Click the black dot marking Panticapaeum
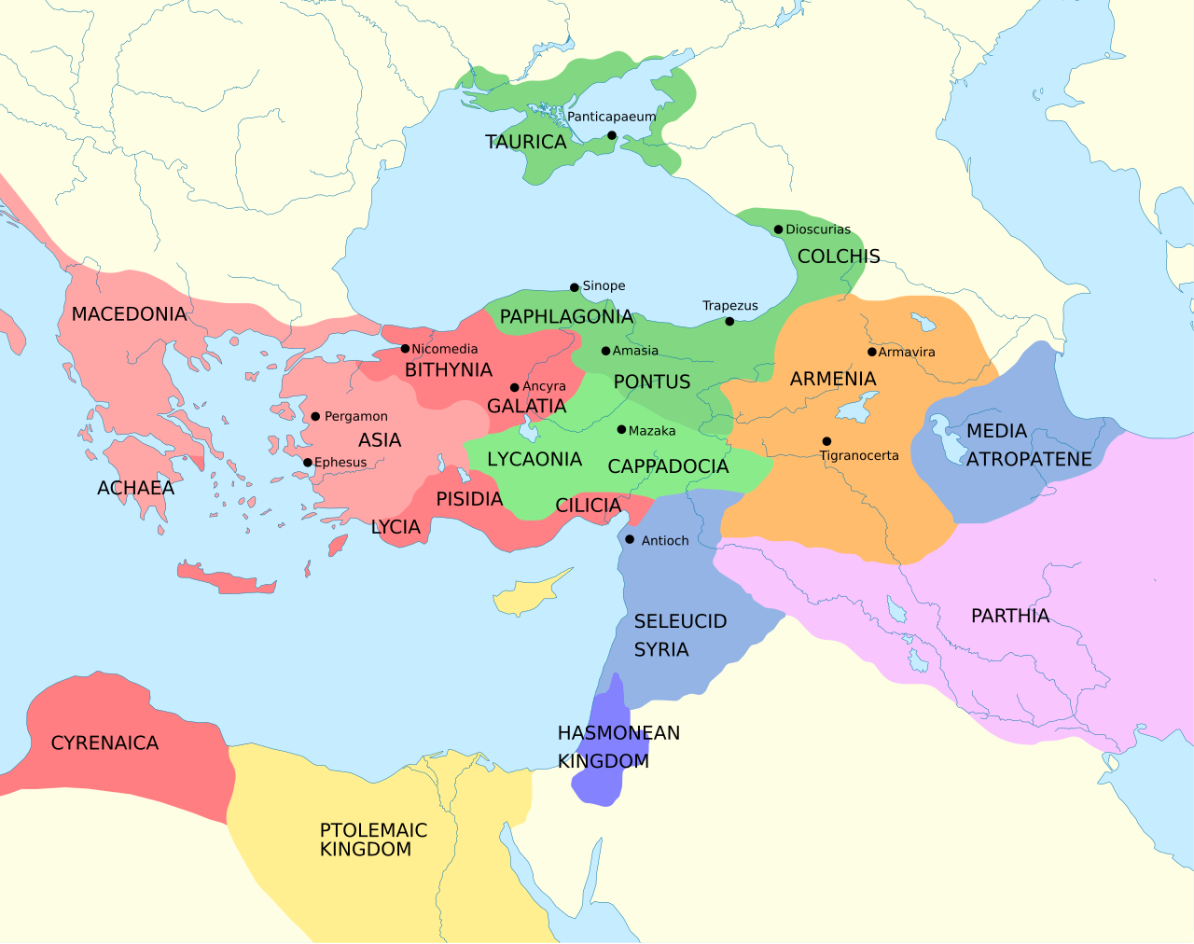click(612, 136)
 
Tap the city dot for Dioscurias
click(778, 229)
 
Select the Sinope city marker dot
click(575, 287)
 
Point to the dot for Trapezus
click(729, 322)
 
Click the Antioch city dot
click(630, 540)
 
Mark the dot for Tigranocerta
click(826, 441)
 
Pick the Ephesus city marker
click(308, 463)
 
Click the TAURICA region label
click(525, 143)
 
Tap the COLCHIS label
click(839, 257)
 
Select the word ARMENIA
click(833, 379)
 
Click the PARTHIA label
click(1010, 616)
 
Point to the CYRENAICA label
click(104, 743)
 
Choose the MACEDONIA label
click(129, 314)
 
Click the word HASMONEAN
click(618, 733)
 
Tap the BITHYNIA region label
click(449, 370)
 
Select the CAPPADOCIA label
click(668, 466)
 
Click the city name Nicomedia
click(444, 349)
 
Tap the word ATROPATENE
click(1029, 460)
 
